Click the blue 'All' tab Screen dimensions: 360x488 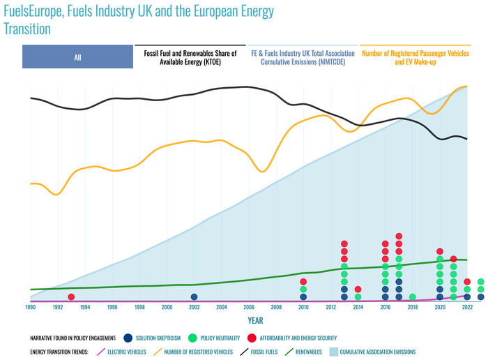pyautogui.click(x=77, y=57)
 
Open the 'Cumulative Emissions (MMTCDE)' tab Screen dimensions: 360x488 pyautogui.click(x=303, y=57)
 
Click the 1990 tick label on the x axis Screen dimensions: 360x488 pyautogui.click(x=31, y=307)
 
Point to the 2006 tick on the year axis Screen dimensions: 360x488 pyautogui.click(x=249, y=307)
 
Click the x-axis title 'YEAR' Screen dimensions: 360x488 pyautogui.click(x=256, y=320)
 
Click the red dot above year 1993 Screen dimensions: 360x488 pyautogui.click(x=72, y=297)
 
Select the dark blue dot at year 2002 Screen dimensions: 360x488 pyautogui.click(x=194, y=297)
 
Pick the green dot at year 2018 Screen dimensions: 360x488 pyautogui.click(x=413, y=297)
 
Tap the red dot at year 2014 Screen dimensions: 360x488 pyautogui.click(x=358, y=289)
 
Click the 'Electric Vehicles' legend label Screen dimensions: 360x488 pyautogui.click(x=130, y=352)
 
